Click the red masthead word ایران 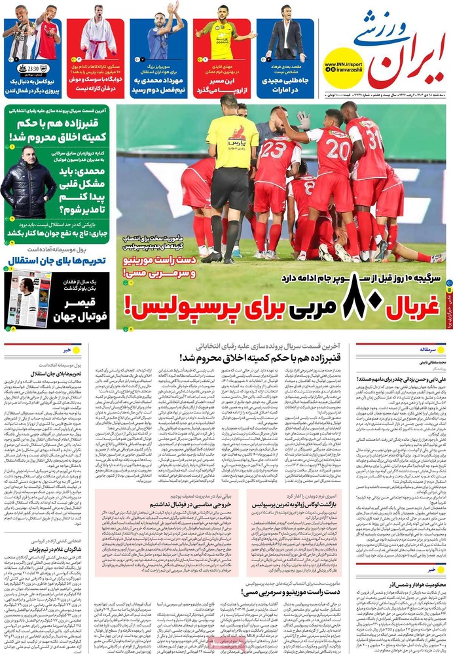pos(407,62)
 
